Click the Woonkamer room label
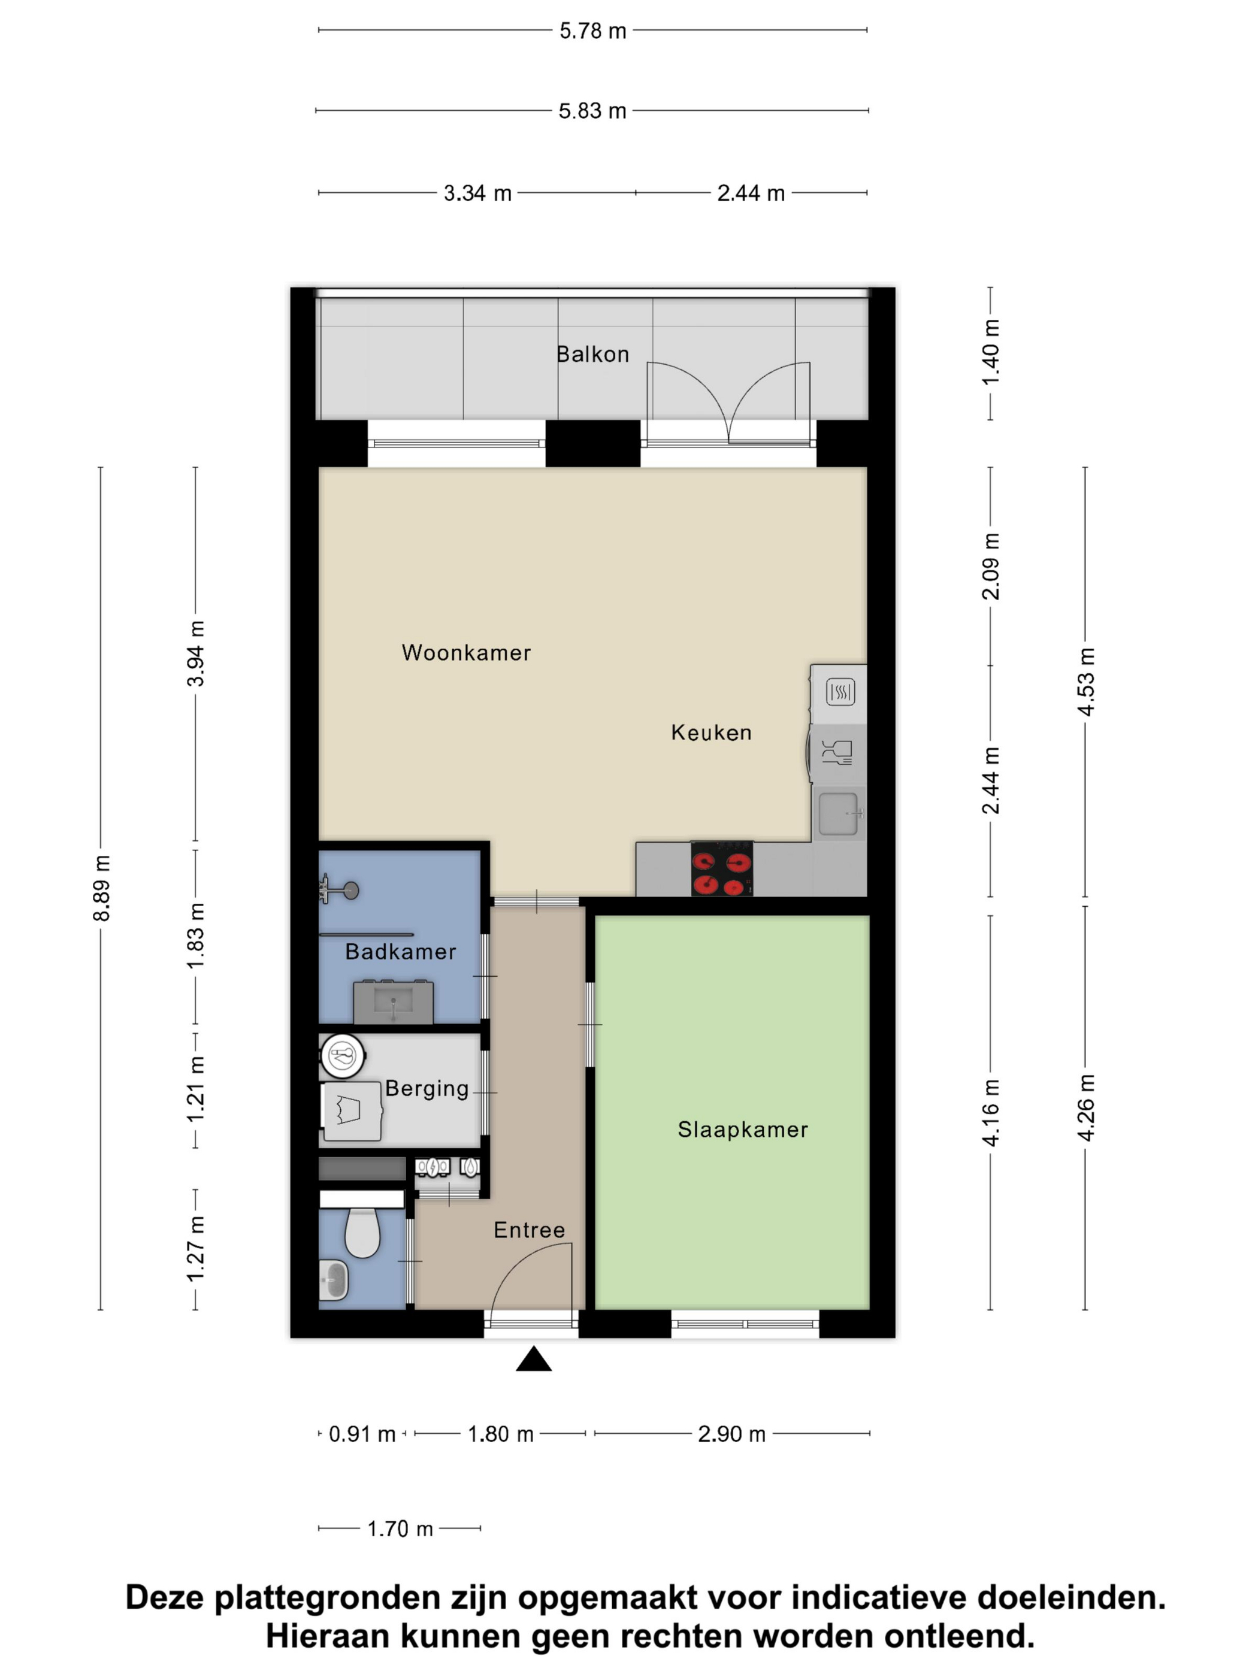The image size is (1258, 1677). click(x=465, y=653)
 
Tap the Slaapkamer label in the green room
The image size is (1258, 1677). click(x=742, y=1130)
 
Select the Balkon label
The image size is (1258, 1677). click(x=592, y=354)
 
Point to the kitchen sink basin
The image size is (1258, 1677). click(x=838, y=813)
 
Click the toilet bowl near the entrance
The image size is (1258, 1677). click(x=362, y=1233)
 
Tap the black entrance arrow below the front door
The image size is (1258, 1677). click(x=533, y=1360)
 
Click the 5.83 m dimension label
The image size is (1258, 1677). click(x=592, y=111)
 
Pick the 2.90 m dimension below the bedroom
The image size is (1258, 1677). click(x=731, y=1434)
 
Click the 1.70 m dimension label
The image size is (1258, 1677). click(x=400, y=1529)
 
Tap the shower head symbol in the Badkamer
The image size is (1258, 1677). click(x=345, y=890)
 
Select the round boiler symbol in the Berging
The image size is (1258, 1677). click(x=343, y=1055)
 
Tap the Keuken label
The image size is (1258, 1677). click(x=710, y=732)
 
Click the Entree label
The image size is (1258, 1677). click(x=530, y=1230)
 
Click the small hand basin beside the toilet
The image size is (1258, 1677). click(x=334, y=1280)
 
